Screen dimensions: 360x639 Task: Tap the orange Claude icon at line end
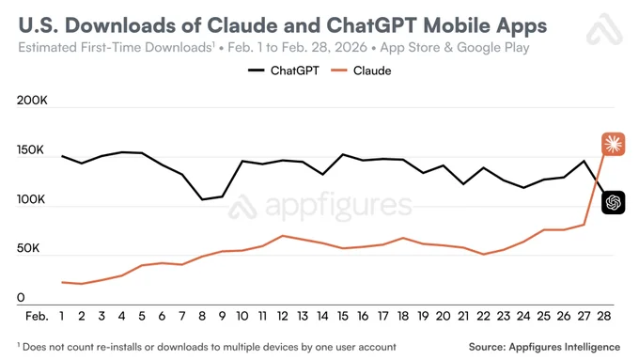tap(613, 144)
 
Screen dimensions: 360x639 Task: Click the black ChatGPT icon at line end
tap(613, 201)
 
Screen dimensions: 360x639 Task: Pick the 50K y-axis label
tap(34, 249)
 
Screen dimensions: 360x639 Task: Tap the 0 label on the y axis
tap(21, 299)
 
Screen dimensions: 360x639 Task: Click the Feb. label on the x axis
tap(37, 317)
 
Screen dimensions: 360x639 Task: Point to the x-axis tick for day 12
tap(282, 317)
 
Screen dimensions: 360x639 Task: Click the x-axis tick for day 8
tap(202, 317)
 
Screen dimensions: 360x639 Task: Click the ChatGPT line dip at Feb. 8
tap(202, 199)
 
